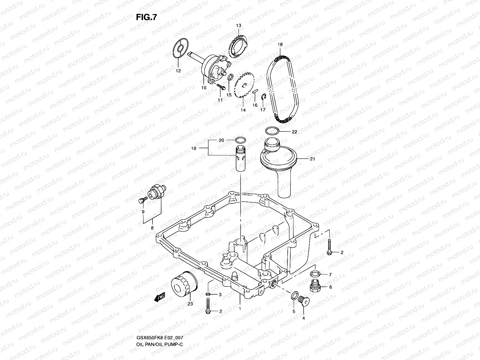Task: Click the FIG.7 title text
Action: pos(146,17)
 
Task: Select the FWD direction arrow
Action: pos(159,297)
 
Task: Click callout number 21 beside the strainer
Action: pos(312,159)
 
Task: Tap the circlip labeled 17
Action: pos(263,97)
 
